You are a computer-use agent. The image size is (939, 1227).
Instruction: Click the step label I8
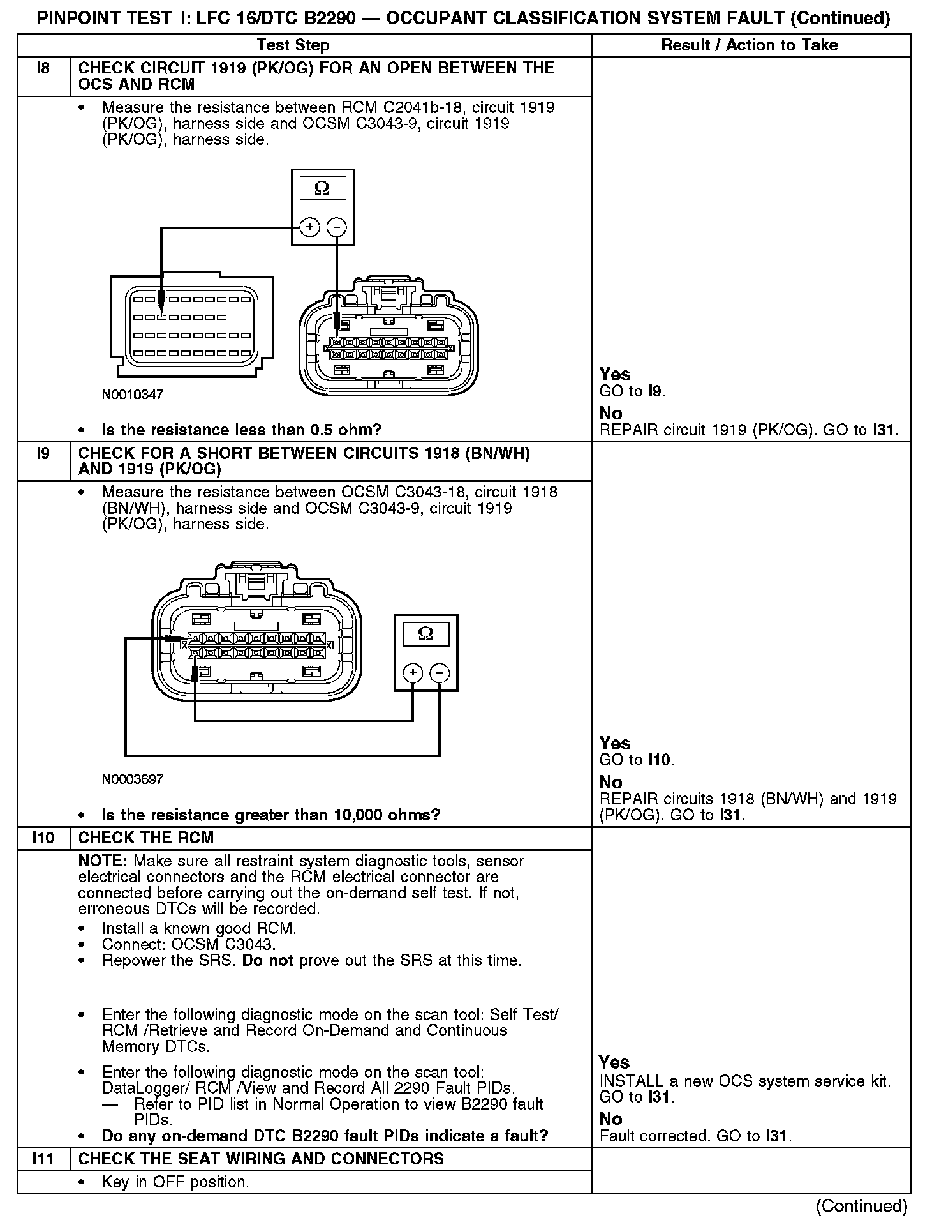43,68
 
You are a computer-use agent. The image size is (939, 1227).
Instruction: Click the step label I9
43,453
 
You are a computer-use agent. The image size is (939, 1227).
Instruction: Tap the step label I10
43,838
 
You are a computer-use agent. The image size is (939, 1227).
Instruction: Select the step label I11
43,1158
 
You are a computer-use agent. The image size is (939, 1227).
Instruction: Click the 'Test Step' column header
293,45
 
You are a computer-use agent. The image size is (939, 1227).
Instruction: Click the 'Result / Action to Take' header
750,45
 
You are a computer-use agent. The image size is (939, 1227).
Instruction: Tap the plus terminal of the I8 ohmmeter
309,227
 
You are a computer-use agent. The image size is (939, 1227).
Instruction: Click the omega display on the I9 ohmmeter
425,634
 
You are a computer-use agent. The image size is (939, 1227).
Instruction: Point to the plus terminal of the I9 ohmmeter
413,672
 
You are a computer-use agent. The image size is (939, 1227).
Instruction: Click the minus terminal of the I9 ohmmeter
440,672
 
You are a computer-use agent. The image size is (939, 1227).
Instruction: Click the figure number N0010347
133,395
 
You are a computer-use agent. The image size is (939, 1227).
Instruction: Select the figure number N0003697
133,779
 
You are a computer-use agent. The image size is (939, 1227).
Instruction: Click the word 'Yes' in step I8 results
615,375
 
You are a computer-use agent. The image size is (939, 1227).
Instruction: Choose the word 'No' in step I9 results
610,782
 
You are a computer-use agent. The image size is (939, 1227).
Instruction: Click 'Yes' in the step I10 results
614,1062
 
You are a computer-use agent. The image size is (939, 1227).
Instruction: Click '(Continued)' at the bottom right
861,1205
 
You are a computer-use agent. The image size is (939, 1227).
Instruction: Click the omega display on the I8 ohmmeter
322,188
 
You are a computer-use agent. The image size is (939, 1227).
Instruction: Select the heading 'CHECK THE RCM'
146,838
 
